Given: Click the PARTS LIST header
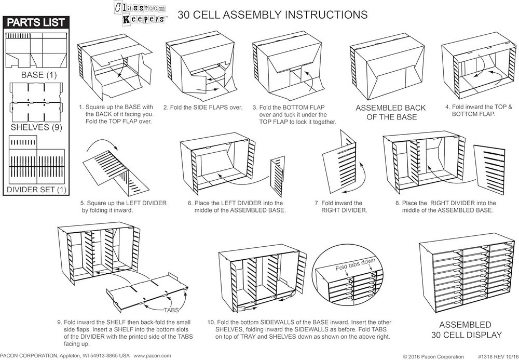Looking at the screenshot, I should point(35,22).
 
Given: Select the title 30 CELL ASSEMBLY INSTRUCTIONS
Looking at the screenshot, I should point(272,15).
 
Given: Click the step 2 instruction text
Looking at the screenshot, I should point(203,108).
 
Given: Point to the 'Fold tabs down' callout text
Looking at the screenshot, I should point(354,262).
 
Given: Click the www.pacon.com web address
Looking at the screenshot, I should point(152,355).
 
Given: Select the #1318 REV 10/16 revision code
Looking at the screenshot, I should point(493,356).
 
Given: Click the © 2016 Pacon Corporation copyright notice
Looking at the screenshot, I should point(433,356).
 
